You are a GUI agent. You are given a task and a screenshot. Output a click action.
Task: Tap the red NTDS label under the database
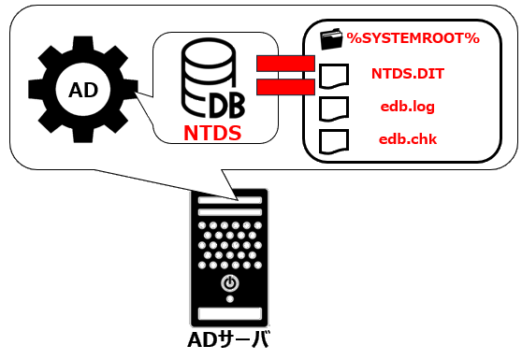coord(211,133)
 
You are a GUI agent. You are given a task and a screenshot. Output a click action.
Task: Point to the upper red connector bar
coord(283,64)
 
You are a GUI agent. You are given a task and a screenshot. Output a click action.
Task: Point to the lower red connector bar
coord(283,87)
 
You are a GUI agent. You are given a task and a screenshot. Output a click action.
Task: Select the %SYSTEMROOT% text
coord(413,37)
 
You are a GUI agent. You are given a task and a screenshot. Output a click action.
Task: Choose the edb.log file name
coord(407,107)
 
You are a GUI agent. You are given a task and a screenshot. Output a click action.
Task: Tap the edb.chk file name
coord(407,140)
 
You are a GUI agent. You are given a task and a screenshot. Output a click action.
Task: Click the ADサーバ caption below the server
coord(228,339)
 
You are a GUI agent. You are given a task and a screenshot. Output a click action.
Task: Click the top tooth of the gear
coord(83,43)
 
